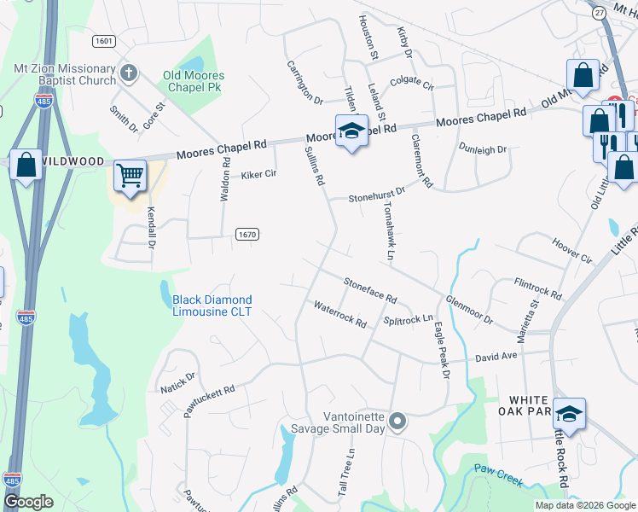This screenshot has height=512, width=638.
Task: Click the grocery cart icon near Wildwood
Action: tap(130, 176)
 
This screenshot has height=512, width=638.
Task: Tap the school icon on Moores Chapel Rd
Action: tap(351, 131)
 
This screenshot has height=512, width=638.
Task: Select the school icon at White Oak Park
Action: tap(569, 414)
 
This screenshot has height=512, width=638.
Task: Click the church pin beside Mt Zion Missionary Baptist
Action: tap(129, 73)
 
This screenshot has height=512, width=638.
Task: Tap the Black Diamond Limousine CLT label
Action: tap(212, 305)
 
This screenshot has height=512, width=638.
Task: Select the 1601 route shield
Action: tap(104, 41)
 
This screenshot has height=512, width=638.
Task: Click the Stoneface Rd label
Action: tap(370, 290)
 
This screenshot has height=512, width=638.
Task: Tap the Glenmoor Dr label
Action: tap(469, 310)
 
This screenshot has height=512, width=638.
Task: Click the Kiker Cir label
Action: tap(258, 174)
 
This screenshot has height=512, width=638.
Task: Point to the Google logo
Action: tap(28, 502)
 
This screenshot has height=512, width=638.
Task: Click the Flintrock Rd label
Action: tap(537, 288)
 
